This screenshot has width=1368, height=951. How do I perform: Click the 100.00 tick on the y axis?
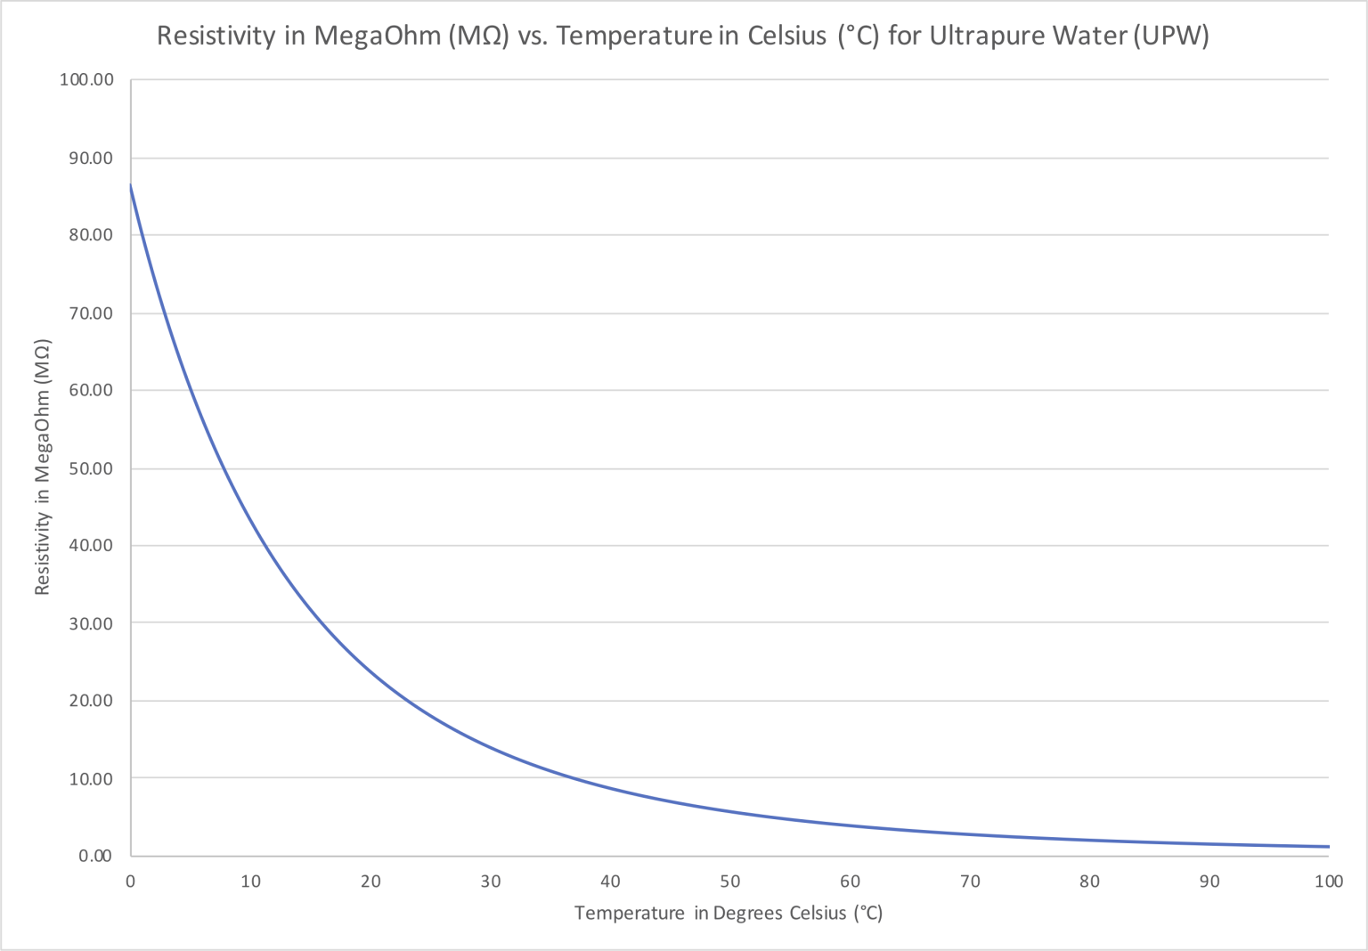86,80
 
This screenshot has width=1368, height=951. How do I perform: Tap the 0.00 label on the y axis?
94,856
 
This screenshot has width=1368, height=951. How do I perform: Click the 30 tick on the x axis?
491,882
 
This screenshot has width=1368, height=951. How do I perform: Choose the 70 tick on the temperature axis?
970,882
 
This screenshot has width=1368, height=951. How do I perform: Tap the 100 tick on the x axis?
1328,882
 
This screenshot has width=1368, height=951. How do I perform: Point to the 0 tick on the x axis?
131,882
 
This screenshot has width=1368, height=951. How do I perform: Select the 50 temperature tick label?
730,882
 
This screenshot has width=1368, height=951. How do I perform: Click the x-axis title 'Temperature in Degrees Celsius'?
728,913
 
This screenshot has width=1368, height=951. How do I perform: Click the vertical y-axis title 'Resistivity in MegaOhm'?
42,467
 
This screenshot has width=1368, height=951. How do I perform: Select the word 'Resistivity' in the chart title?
216,36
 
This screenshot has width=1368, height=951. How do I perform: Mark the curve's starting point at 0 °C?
131,185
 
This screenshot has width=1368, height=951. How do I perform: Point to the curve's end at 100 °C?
1328,847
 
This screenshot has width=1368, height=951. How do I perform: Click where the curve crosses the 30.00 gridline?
319,623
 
